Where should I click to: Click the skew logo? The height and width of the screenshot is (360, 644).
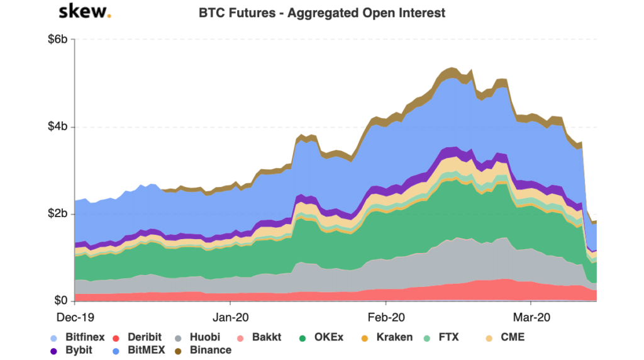coord(84,12)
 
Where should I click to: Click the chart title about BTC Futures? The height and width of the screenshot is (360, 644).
coord(321,13)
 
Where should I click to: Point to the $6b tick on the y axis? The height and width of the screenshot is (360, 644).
coord(62,40)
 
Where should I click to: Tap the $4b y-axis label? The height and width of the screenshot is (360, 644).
coord(62,127)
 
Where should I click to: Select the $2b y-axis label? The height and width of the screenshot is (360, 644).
coord(62,214)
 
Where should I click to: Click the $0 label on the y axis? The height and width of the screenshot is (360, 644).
coord(66,300)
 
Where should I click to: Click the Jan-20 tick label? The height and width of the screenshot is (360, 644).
coord(230,317)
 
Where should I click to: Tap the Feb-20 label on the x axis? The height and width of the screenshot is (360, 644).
coord(386,317)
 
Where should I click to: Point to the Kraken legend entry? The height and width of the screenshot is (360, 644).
coord(389,337)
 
